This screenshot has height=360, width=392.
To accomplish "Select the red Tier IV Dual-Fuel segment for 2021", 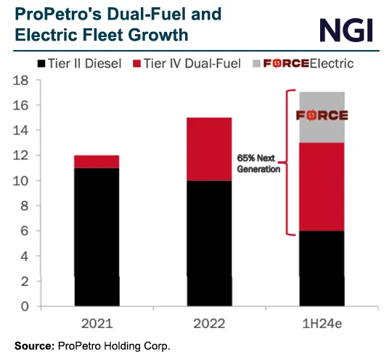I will coord(97,161).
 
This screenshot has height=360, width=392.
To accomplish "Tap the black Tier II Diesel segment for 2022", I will coord(210,243).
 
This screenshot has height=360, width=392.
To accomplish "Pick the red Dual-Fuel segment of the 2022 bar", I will coord(210,149).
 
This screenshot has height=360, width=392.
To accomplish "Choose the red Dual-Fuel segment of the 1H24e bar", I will coord(321,187).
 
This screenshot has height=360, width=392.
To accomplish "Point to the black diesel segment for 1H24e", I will coord(321,269).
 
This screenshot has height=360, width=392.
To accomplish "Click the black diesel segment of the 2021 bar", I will coord(97,237).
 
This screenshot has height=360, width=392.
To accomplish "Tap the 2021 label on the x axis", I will coord(97,320).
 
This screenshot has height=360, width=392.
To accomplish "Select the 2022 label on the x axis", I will coord(210,320).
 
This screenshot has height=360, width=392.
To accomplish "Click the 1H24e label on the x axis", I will coord(321,320).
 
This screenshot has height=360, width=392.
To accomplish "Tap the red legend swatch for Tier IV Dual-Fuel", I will coord(138,63).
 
